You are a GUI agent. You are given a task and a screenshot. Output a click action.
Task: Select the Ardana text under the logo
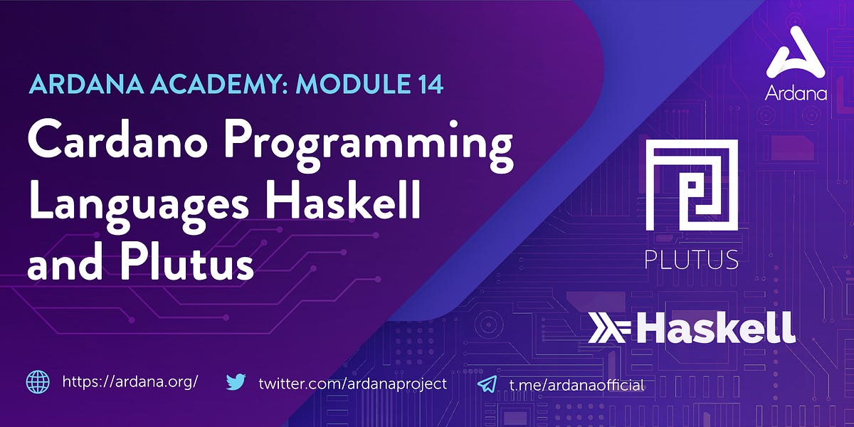pos(796,93)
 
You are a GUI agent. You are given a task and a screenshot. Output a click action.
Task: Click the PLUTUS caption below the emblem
pos(691,260)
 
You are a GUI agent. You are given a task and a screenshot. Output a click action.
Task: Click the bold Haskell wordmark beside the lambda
pos(715,328)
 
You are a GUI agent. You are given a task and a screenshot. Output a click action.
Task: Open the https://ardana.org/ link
pos(130,382)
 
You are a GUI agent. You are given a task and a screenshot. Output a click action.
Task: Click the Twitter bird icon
pos(236,382)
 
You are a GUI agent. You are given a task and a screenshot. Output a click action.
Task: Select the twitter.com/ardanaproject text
pos(352,383)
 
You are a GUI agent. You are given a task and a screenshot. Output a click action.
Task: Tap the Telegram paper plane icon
pos(487,384)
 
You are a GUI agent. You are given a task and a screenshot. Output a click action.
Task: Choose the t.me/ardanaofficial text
pos(576,384)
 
